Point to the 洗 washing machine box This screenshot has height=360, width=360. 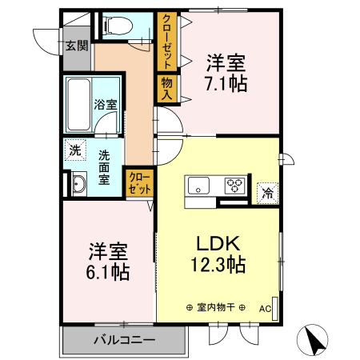pos(74,149)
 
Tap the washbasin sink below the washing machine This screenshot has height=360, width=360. pos(78,186)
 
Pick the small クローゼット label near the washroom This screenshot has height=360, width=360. pos(136,183)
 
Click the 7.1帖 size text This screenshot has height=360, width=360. pos(226,82)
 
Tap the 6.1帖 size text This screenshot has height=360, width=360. pos(108,271)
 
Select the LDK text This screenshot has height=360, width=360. pos(214,243)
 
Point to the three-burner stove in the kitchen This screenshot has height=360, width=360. pos(235,186)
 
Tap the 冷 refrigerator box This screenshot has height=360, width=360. pos(266,192)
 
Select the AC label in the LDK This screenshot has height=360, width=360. pos(266,307)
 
